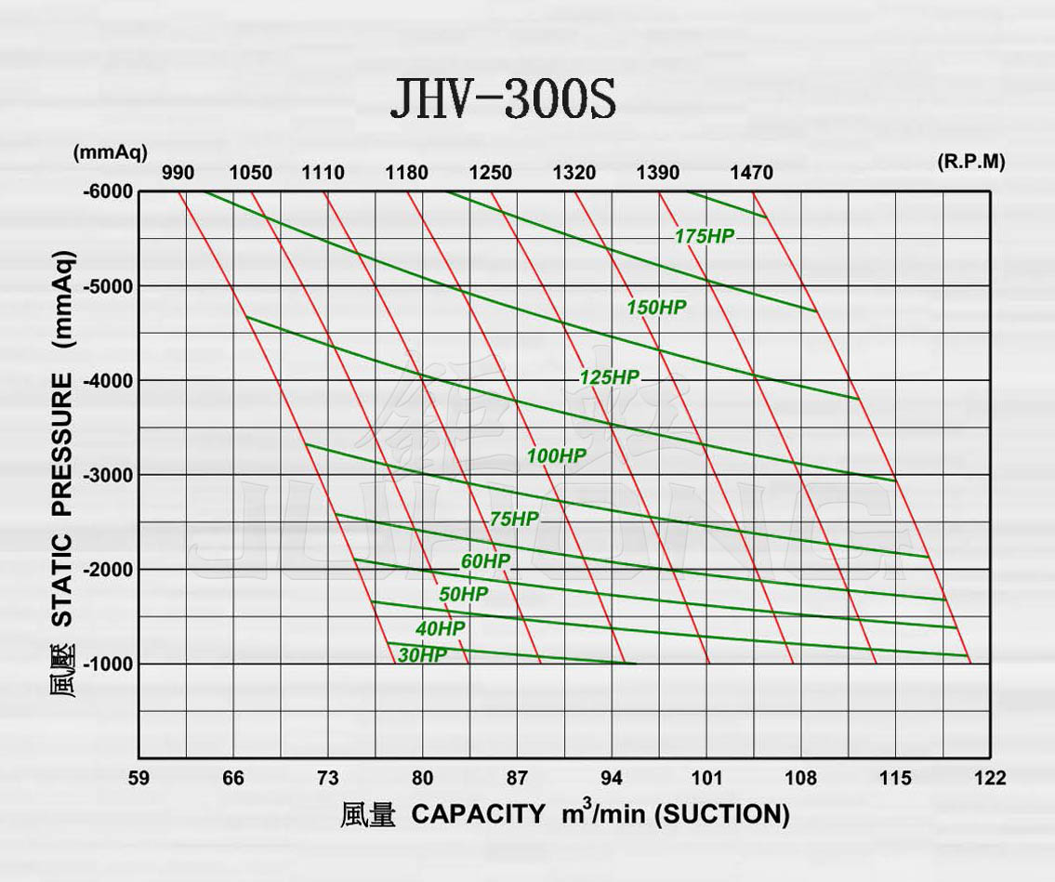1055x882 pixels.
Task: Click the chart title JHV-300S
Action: pos(502,99)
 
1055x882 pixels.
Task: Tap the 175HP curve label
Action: pos(704,236)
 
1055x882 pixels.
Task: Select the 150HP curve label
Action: pos(656,307)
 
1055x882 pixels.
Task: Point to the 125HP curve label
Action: pos(609,377)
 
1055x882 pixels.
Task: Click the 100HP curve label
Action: pos(556,455)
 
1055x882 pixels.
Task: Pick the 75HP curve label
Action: pos(514,520)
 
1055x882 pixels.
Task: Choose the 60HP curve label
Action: pos(485,561)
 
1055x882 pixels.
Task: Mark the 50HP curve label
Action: pos(463,594)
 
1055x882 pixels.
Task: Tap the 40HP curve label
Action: pos(440,628)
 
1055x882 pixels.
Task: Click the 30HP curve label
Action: pos(422,655)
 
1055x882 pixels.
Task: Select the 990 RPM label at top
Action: pos(178,173)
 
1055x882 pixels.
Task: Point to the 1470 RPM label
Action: pos(750,173)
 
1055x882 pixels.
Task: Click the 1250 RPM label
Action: pos(490,173)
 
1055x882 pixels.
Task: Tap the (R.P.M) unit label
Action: pos(971,161)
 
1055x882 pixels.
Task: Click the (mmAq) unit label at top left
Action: pos(110,151)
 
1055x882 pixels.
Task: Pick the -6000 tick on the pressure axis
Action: pos(109,192)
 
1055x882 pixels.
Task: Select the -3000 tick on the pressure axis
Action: pos(109,475)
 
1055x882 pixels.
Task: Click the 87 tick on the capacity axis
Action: pos(517,778)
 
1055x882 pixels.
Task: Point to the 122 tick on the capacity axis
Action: pos(990,778)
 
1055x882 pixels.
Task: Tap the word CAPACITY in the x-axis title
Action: pos(478,814)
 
